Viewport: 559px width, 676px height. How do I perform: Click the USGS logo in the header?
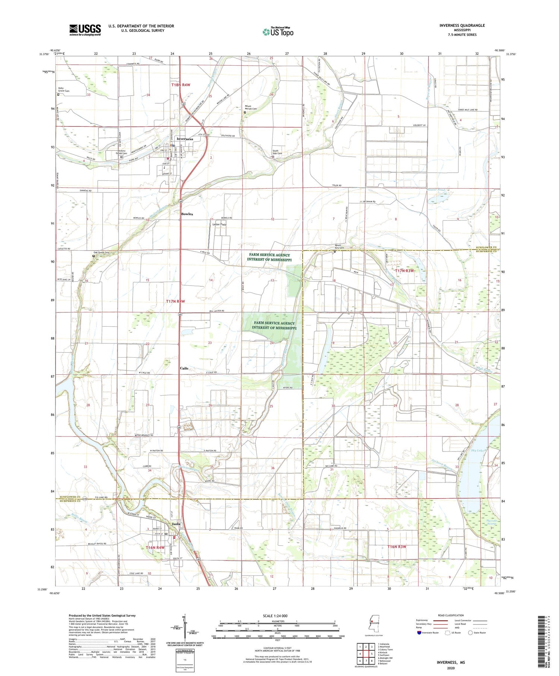[85, 30]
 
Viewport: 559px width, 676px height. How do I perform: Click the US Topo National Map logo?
[278, 32]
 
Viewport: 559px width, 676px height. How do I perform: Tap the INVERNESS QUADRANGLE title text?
[462, 25]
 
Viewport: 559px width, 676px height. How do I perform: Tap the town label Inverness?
[185, 139]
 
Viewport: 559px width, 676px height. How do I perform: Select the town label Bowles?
[187, 214]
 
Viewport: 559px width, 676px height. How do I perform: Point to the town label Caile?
[184, 368]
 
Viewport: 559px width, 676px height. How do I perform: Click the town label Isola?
[176, 524]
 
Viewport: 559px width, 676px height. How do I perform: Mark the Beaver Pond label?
[436, 190]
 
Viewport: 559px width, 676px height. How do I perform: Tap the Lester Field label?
[219, 224]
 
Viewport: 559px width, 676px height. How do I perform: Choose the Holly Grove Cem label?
[64, 89]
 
